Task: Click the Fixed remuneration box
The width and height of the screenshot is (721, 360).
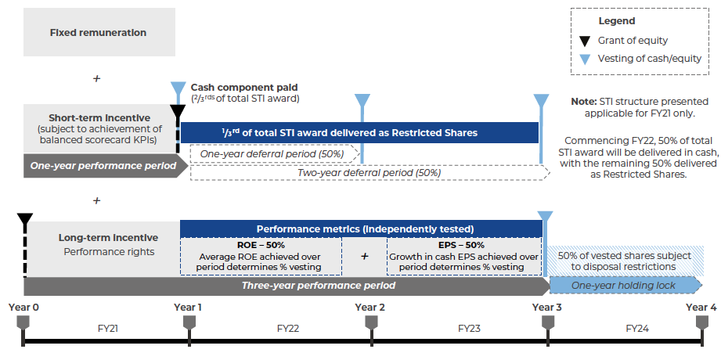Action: tap(98, 33)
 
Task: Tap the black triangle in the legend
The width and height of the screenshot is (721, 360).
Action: tap(584, 41)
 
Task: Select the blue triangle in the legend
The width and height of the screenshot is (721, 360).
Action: tap(584, 59)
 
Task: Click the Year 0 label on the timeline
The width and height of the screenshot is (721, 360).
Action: tap(23, 307)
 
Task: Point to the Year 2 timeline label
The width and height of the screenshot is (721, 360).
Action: tap(370, 307)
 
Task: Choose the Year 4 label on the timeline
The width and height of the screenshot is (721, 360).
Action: tap(701, 307)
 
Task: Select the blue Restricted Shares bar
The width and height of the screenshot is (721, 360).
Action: tap(360, 133)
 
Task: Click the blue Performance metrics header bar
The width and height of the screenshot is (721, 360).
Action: tap(361, 229)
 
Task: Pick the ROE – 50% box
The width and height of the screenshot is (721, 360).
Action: tap(261, 256)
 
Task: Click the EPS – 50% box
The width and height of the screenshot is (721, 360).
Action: tap(465, 256)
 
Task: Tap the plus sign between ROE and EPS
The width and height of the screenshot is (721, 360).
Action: tap(364, 256)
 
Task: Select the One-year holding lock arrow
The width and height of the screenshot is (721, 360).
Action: tap(623, 286)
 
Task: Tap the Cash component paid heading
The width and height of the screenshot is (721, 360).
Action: tap(244, 87)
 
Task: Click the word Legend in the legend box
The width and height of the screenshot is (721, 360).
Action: tap(616, 21)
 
